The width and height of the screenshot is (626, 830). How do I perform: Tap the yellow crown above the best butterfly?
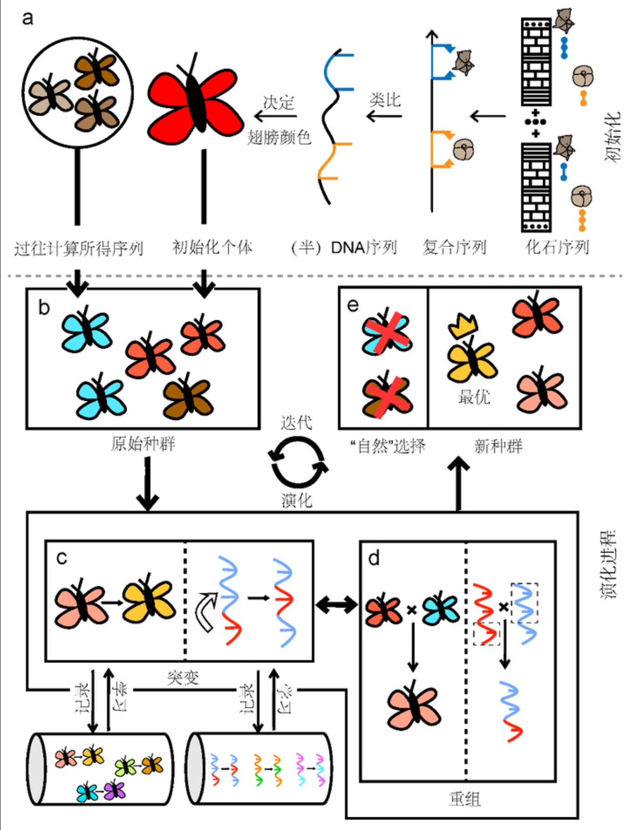[x=463, y=326]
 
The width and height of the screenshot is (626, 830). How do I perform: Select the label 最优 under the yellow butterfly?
[x=474, y=397]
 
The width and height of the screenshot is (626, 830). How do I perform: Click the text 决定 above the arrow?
[x=278, y=102]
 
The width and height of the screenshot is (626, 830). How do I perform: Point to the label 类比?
[x=385, y=100]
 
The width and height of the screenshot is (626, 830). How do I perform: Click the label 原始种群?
[x=143, y=443]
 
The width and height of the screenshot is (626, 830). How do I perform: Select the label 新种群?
[x=498, y=446]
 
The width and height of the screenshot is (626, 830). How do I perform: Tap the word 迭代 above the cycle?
[x=297, y=423]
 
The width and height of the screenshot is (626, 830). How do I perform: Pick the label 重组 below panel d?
[x=464, y=799]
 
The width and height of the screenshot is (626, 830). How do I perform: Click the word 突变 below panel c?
[x=183, y=678]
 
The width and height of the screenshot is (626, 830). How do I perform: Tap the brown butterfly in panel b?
[x=188, y=395]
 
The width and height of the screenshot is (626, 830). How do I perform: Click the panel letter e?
[x=353, y=305]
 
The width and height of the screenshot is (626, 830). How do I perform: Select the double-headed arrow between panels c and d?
[x=337, y=605]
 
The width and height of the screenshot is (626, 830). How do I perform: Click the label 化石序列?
[x=557, y=247]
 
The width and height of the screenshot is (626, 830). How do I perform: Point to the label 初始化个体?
[x=212, y=247]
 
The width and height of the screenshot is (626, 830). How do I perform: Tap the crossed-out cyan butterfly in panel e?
[x=386, y=333]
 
